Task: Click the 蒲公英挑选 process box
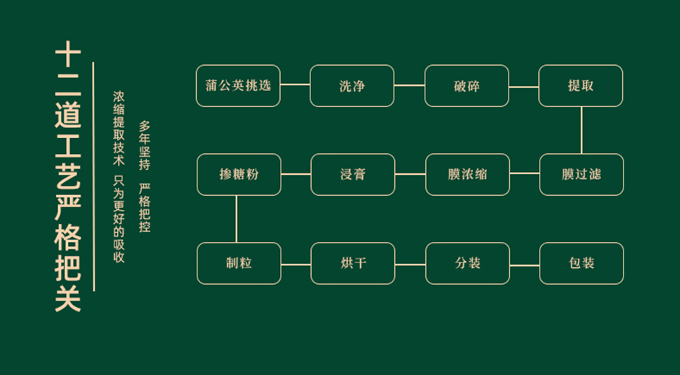pyautogui.click(x=238, y=86)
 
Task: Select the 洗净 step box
pyautogui.click(x=352, y=86)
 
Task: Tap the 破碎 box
pyautogui.click(x=467, y=86)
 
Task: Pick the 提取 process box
pyautogui.click(x=581, y=86)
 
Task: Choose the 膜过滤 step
pyautogui.click(x=582, y=175)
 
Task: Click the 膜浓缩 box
pyautogui.click(x=467, y=175)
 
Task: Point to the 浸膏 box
pyautogui.click(x=353, y=175)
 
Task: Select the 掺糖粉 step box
pyautogui.click(x=239, y=175)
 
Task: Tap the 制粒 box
pyautogui.click(x=239, y=263)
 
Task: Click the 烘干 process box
pyautogui.click(x=353, y=263)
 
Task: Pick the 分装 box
pyautogui.click(x=467, y=263)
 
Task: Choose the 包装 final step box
pyautogui.click(x=582, y=263)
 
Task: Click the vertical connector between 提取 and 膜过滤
pyautogui.click(x=581, y=130)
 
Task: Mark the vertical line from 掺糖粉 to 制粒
pyautogui.click(x=237, y=219)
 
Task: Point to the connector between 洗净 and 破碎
pyautogui.click(x=409, y=85)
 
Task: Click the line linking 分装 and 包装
pyautogui.click(x=524, y=265)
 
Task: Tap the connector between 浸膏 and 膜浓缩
pyautogui.click(x=410, y=174)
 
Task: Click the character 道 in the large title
pyautogui.click(x=68, y=115)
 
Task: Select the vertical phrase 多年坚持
pyautogui.click(x=145, y=145)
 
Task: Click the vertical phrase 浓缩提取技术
pyautogui.click(x=119, y=128)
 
